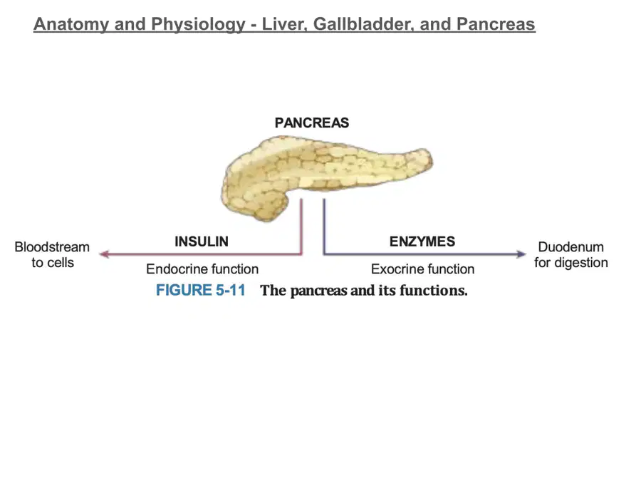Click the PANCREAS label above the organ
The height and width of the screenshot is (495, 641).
pos(311,123)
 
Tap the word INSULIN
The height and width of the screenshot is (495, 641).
pos(202,241)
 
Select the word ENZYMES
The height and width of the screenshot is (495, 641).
pos(422,241)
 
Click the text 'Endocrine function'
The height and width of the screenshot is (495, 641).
pos(202,269)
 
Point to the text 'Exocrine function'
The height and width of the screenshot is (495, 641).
pos(422,269)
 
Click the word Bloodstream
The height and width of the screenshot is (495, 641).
pos(52,247)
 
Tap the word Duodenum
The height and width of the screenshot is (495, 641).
pos(570,247)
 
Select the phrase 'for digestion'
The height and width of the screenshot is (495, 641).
pos(571,262)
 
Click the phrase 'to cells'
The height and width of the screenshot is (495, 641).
pos(53,262)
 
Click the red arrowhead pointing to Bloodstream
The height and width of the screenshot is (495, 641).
pos(104,254)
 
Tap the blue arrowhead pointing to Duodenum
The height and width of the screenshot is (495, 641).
pos(521,254)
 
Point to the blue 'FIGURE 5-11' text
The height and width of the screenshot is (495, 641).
pos(201,290)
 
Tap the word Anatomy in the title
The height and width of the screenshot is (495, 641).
pos(71,24)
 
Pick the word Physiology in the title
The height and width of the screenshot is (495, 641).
pos(198,24)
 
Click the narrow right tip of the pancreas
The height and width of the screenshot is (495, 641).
pos(431,159)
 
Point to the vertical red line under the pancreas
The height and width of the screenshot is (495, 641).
pos(301,226)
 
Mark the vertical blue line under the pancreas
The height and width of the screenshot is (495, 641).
pos(324,226)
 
